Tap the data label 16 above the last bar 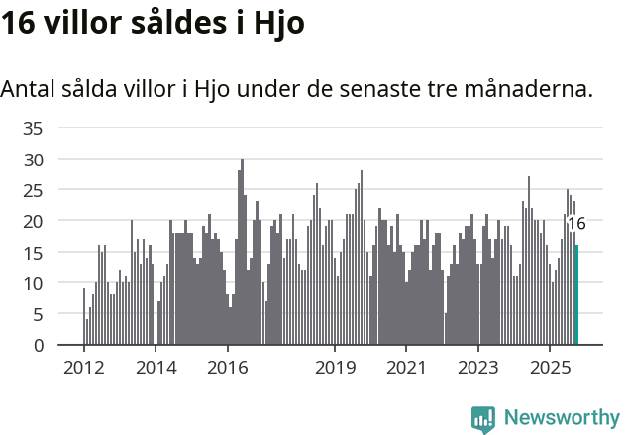(x=575, y=224)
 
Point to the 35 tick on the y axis (x=33, y=128)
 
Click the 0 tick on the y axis (x=38, y=345)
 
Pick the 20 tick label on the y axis (x=33, y=221)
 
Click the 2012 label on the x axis (x=83, y=368)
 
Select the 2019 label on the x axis (x=335, y=368)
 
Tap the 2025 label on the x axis (x=550, y=368)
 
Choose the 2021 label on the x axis (x=406, y=368)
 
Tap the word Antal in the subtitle (x=29, y=89)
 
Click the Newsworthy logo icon (x=483, y=419)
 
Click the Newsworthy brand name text (x=562, y=418)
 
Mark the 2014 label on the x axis (x=156, y=368)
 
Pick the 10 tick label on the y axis (x=33, y=283)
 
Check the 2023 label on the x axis (x=478, y=368)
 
